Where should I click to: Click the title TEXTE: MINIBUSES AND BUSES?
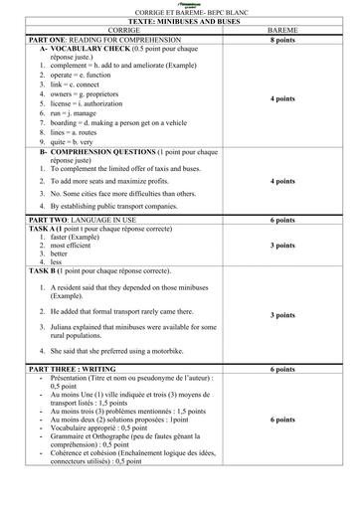click(179, 20)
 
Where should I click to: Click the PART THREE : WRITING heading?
click(79, 369)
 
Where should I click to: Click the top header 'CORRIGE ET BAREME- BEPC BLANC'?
click(179, 10)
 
